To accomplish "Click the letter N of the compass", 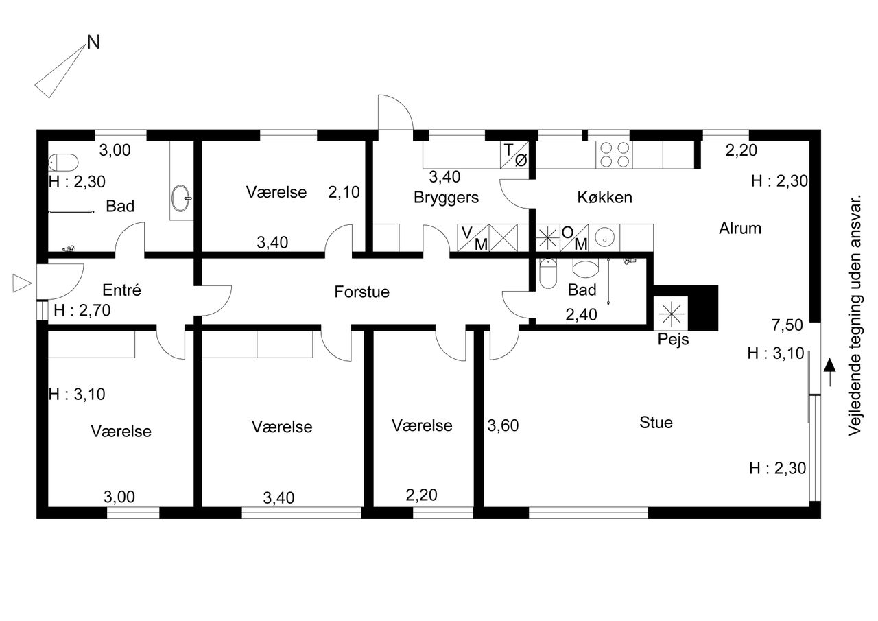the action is (93, 43).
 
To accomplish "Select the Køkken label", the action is (604, 197).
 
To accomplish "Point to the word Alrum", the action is (740, 229).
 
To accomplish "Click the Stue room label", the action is (656, 422).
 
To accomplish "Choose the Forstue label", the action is (361, 292).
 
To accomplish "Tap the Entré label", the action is (121, 290).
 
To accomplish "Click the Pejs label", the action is (673, 340).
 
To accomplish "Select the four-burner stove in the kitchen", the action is (614, 155).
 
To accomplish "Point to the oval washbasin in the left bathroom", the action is (180, 198).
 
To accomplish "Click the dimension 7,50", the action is (787, 325).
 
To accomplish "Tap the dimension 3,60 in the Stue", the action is (503, 425).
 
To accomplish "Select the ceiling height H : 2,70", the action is (82, 310).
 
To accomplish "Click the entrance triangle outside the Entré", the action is (22, 283).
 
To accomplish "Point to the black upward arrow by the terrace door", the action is (829, 372).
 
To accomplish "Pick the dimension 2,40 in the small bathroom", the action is (581, 314).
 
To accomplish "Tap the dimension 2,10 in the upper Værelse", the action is (344, 192).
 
